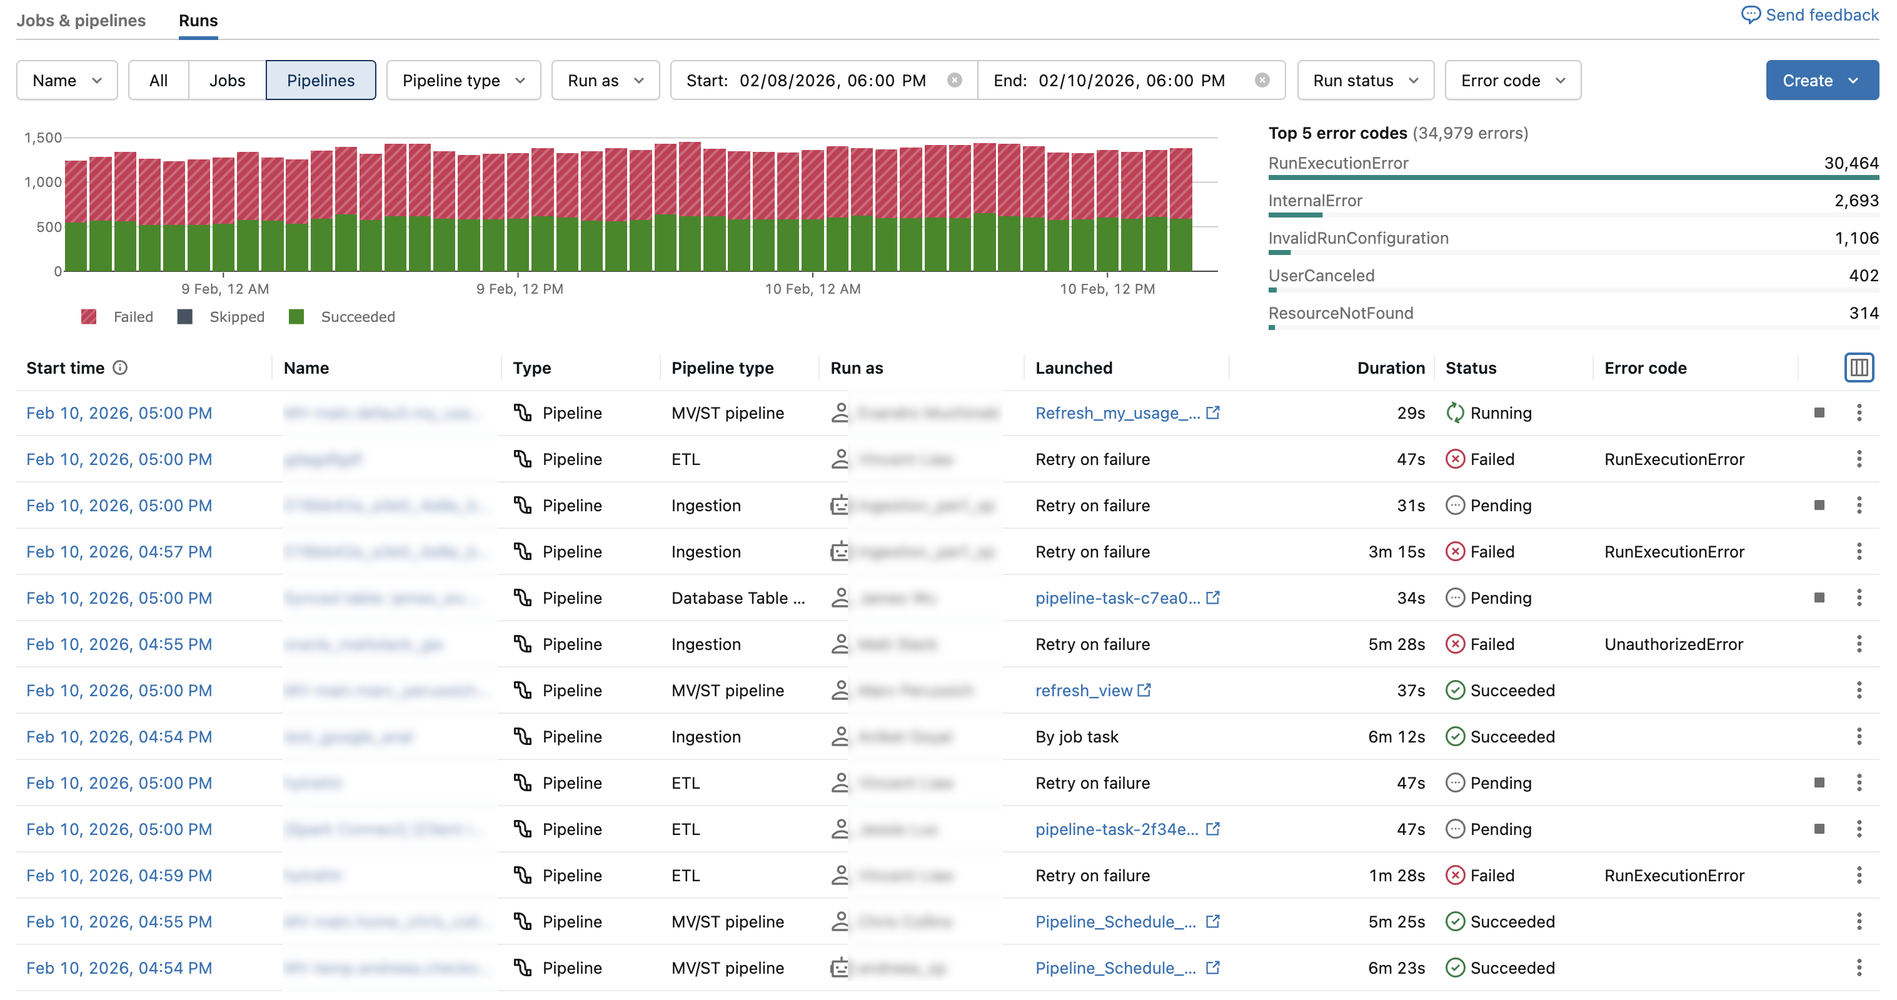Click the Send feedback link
1811,16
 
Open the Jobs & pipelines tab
81,21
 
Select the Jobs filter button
227,80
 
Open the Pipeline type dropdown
463,80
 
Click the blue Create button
1821,80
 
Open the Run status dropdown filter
1364,80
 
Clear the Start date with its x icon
954,80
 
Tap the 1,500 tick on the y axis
43,137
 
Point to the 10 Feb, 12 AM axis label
812,289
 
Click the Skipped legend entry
222,317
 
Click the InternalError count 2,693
1856,200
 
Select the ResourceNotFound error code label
1341,313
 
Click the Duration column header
1391,368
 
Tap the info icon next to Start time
120,367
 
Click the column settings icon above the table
1858,367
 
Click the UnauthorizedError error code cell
1673,644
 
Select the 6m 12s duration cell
1396,737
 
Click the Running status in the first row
1499,413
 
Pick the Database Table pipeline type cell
738,598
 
